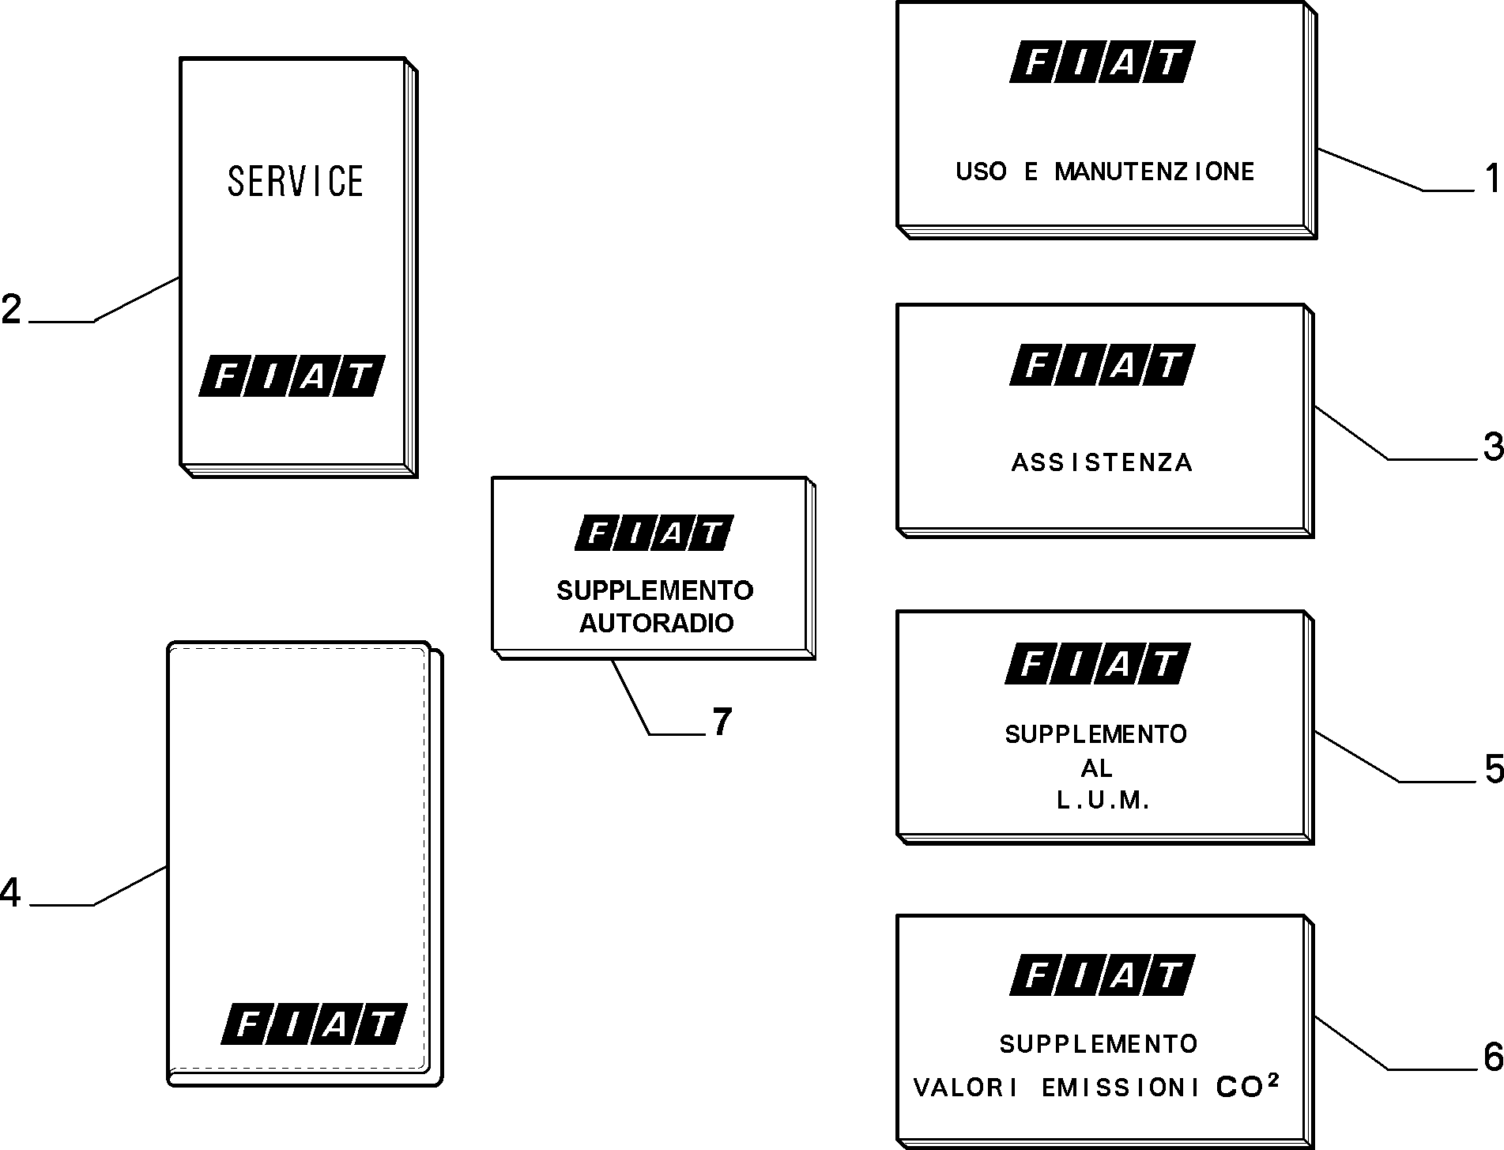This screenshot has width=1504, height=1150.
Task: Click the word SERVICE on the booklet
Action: point(296,181)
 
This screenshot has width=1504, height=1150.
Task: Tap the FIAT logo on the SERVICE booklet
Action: point(292,375)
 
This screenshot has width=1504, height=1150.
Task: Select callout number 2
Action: point(12,309)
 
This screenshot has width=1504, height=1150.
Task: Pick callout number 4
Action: point(10,893)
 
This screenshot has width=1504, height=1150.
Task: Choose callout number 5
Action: point(1494,770)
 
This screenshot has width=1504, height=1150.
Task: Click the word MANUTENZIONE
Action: point(1155,172)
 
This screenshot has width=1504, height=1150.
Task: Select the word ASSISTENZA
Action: point(1102,462)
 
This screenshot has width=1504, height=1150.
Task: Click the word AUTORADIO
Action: point(657,623)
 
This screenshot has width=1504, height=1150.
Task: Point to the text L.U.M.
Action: point(1103,801)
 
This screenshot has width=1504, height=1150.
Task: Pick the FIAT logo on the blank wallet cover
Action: point(314,1024)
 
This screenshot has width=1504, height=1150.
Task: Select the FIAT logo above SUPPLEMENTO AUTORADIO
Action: point(654,533)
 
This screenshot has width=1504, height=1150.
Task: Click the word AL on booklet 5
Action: point(1097,767)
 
